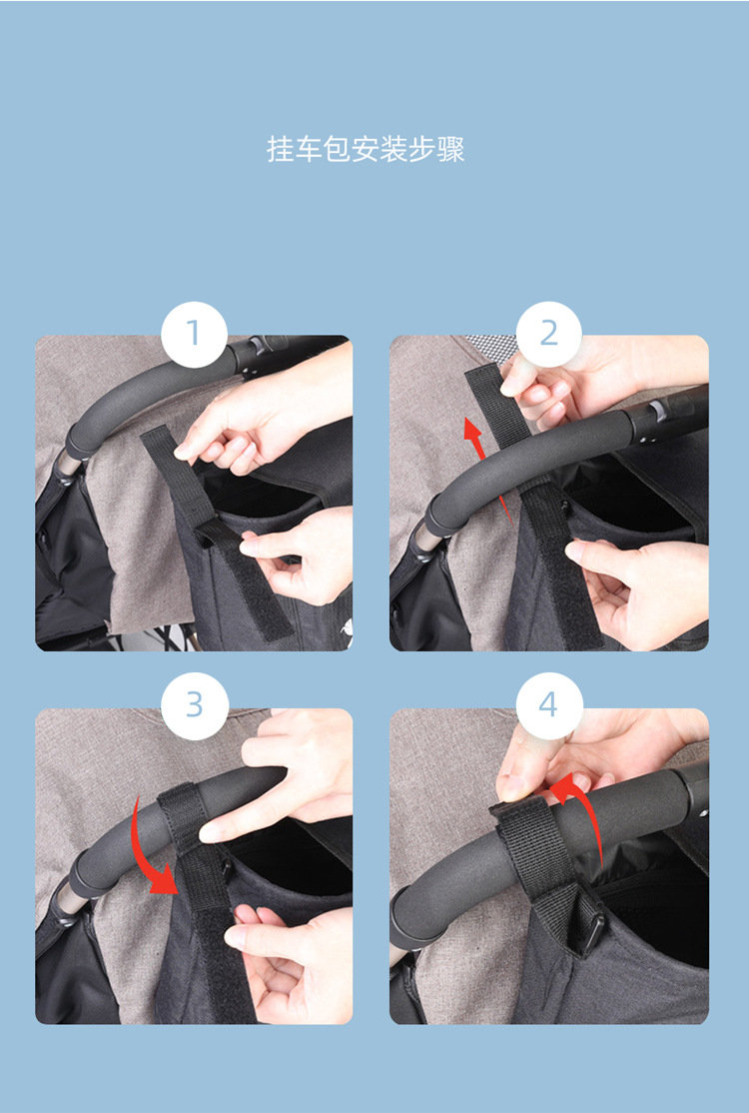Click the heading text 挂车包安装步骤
(x=366, y=150)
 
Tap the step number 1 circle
(x=194, y=335)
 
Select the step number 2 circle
(x=549, y=335)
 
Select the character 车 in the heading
(x=309, y=150)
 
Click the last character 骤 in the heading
(x=451, y=150)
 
